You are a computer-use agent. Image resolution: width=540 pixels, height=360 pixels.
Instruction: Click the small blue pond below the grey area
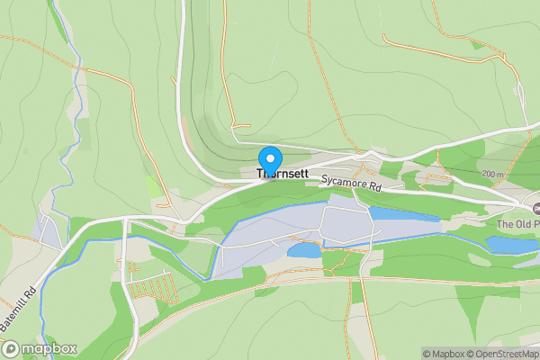[304, 250]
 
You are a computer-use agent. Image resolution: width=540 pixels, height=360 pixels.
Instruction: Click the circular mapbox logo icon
[11, 348]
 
